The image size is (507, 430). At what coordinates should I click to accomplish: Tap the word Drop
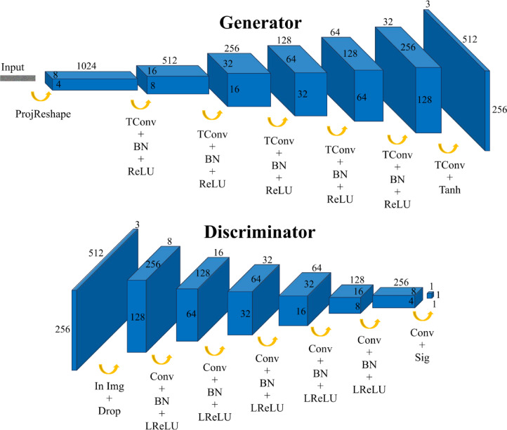[x=109, y=410]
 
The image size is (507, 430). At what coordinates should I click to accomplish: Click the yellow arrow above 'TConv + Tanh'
[x=447, y=147]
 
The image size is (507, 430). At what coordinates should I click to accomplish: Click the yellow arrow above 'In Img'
[x=108, y=367]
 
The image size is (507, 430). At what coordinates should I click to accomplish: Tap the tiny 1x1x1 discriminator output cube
[x=430, y=295]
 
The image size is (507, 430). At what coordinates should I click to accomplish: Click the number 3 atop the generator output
[x=428, y=5]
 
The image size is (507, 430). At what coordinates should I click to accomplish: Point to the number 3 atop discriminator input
[x=138, y=224]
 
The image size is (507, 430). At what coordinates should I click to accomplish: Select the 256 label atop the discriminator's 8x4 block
[x=401, y=281]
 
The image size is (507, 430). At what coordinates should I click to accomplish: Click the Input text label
[x=13, y=67]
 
